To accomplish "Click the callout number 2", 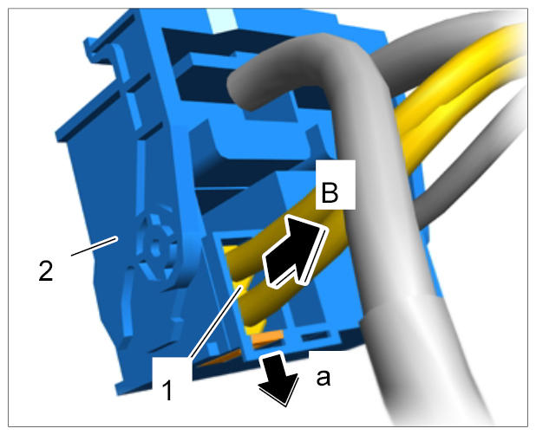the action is tap(46, 270).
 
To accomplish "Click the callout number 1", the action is tap(167, 390).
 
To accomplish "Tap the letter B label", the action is tap(330, 193).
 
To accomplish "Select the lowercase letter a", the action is tap(324, 378).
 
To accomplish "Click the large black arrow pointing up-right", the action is tap(294, 251).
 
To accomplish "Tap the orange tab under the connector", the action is tap(267, 337).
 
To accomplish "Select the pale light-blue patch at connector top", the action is tap(221, 21).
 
